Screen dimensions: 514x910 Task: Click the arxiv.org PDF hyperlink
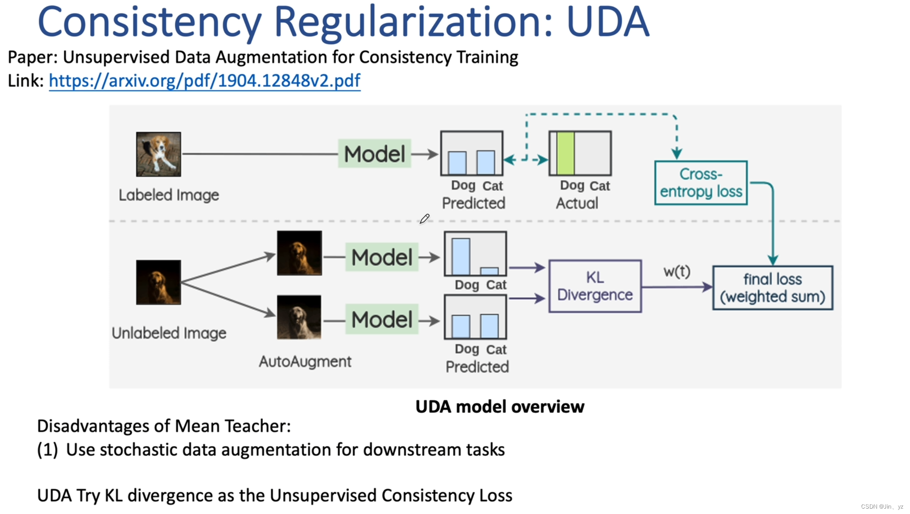tap(204, 81)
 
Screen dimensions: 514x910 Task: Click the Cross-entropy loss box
tap(701, 183)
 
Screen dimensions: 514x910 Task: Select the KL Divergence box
tap(595, 286)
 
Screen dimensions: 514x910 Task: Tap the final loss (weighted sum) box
tap(772, 288)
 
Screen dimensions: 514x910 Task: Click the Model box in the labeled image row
tap(374, 154)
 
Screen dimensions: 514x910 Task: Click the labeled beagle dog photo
tap(158, 154)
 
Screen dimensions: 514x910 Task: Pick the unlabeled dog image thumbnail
tap(158, 282)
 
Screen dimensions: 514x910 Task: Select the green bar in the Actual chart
tap(565, 153)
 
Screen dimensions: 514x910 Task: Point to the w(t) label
tap(676, 271)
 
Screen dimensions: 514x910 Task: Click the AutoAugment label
tap(305, 361)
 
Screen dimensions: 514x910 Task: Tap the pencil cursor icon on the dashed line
tap(424, 219)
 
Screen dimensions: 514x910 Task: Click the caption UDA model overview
tap(500, 407)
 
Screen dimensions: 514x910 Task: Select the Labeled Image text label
tap(169, 195)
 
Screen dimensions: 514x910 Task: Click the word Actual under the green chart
tap(577, 204)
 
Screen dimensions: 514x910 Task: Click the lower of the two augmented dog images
tap(299, 317)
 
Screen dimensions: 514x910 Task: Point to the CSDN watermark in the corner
tap(881, 506)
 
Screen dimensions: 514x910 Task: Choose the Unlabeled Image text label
tap(169, 333)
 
